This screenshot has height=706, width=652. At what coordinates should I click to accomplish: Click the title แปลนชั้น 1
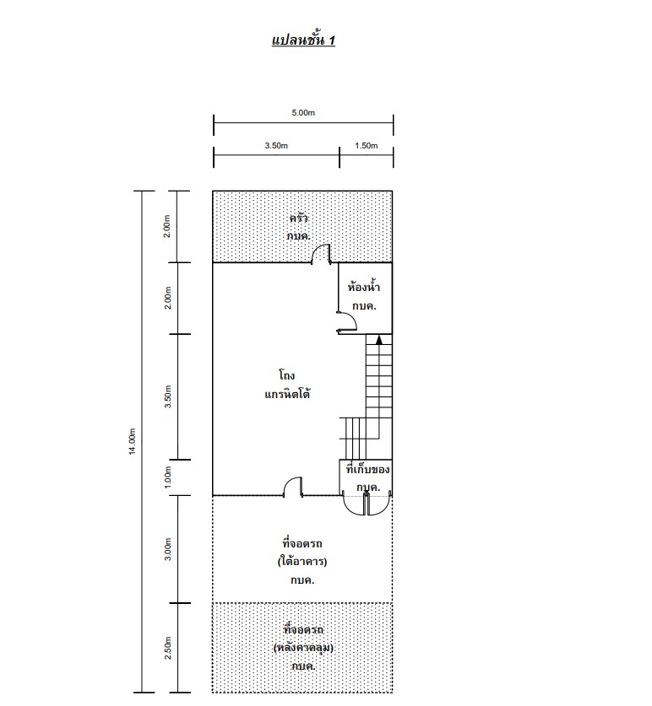[303, 40]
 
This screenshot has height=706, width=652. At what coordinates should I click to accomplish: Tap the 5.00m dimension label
[303, 112]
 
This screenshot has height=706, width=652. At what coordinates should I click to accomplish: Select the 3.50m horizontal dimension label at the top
[276, 145]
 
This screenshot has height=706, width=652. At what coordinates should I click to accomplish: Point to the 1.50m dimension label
[367, 145]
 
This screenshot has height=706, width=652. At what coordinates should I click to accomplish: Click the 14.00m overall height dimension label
[132, 441]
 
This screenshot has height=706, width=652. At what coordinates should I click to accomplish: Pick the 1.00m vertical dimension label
[168, 477]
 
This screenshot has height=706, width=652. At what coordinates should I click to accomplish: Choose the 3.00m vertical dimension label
[168, 549]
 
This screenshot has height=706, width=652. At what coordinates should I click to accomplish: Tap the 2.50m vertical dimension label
[168, 648]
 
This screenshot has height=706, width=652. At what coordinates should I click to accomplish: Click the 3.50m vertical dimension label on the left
[168, 396]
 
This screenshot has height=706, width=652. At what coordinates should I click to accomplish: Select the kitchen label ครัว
[298, 218]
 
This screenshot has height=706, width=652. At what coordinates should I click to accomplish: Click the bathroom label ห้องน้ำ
[363, 286]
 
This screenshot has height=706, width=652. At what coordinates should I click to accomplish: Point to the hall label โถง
[287, 375]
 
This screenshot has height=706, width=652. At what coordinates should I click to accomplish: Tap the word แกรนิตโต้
[287, 394]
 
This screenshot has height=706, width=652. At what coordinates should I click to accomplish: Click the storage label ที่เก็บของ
[367, 469]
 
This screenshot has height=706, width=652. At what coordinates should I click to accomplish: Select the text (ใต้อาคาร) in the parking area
[302, 562]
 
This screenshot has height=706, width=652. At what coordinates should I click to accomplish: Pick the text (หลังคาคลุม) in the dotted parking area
[303, 648]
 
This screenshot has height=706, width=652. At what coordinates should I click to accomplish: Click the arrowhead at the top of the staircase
[378, 340]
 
